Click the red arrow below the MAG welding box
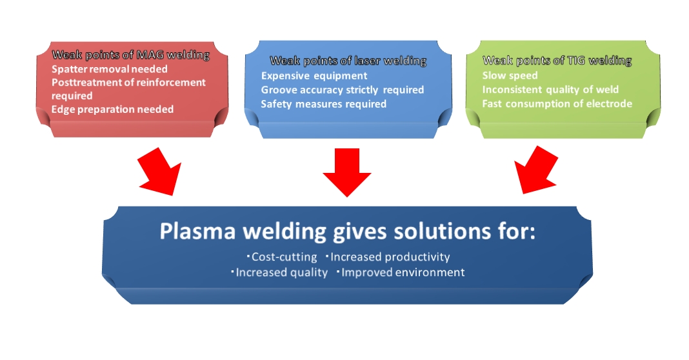click(161, 172)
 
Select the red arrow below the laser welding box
click(347, 172)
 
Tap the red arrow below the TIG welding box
click(536, 170)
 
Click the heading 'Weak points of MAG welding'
click(130, 55)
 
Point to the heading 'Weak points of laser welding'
click(348, 61)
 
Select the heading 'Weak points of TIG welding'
click(557, 60)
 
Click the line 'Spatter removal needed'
click(110, 69)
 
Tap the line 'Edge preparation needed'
click(112, 110)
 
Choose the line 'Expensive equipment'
click(314, 75)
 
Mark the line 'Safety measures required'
click(323, 104)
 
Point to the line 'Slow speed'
click(510, 75)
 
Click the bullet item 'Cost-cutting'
click(282, 257)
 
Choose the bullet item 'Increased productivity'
click(388, 257)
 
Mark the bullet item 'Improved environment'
click(401, 272)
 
